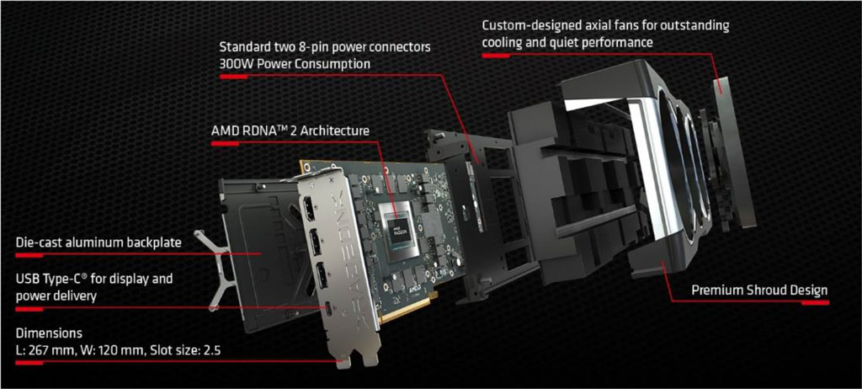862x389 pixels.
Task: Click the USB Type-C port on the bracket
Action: pos(329,309)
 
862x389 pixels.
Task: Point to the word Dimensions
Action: pos(49,333)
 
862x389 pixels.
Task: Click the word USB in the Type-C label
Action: pos(28,279)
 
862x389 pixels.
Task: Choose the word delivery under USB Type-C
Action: pos(75,296)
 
